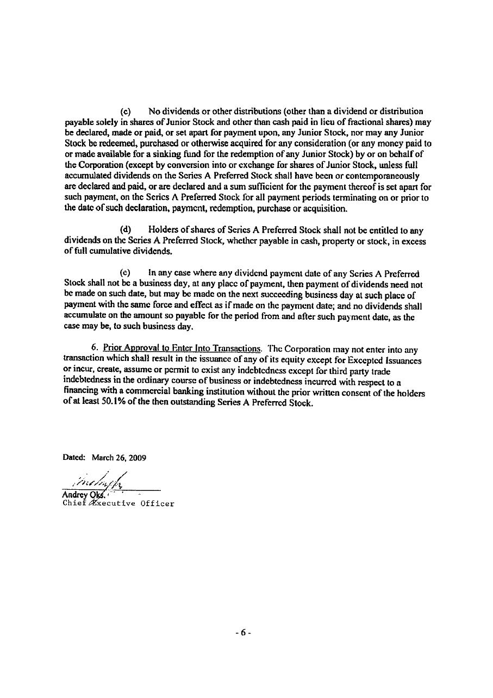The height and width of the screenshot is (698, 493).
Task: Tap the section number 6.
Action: [95, 350]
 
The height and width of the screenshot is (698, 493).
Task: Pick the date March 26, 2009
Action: [119, 458]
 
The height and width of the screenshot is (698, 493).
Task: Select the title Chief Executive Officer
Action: [119, 503]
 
